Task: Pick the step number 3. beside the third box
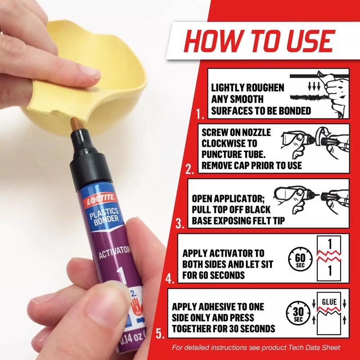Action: click(x=180, y=222)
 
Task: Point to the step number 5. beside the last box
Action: click(x=160, y=333)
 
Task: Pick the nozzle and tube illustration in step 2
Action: click(x=315, y=142)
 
